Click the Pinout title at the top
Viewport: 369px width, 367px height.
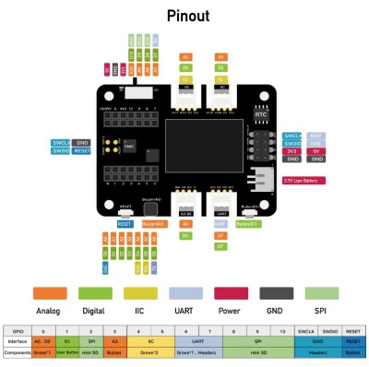click(x=185, y=16)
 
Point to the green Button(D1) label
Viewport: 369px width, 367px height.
click(x=247, y=223)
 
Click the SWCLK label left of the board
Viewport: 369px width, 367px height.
click(x=61, y=143)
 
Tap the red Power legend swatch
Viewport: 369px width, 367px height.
click(x=230, y=292)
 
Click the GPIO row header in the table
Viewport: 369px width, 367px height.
click(x=17, y=329)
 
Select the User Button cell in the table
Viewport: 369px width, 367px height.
click(x=67, y=352)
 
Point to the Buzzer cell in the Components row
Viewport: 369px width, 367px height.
click(x=114, y=352)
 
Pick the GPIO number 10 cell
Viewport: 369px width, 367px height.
click(x=271, y=329)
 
